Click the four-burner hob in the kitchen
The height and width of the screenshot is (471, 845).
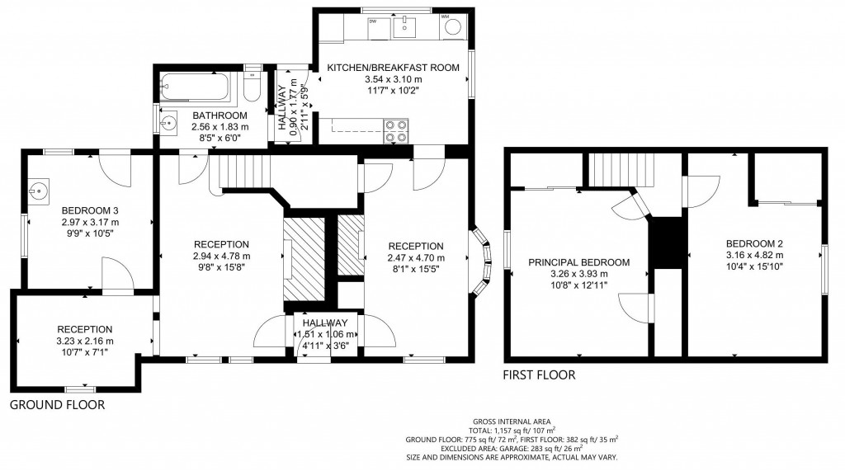[395, 131]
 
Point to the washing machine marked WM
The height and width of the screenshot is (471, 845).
[453, 27]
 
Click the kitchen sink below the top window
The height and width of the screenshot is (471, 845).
[404, 28]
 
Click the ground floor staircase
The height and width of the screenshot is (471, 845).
[243, 174]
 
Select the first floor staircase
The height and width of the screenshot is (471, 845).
[620, 171]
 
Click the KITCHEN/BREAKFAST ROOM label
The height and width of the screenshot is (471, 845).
[392, 68]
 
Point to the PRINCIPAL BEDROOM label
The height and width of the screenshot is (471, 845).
[578, 262]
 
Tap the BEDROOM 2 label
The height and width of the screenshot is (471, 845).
[754, 243]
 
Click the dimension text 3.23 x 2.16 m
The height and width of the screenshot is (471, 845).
[85, 341]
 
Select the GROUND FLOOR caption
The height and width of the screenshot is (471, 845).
[57, 405]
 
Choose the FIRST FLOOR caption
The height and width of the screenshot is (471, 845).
[539, 375]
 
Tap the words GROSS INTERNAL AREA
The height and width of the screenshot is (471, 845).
[512, 421]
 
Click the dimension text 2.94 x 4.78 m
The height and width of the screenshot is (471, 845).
[221, 256]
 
